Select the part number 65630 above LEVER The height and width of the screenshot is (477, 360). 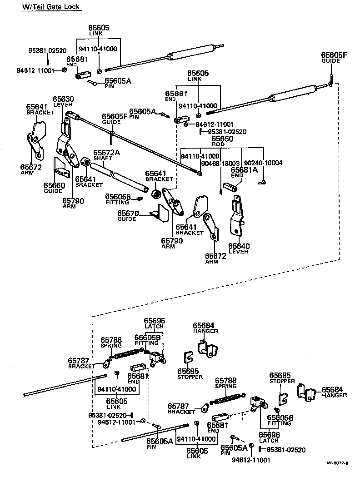tap(63, 99)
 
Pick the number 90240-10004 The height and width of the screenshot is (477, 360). tap(263, 163)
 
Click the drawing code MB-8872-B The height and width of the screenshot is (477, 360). tap(336, 463)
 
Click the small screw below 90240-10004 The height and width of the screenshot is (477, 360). tap(263, 182)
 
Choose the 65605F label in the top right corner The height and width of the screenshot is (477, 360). tap(334, 58)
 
